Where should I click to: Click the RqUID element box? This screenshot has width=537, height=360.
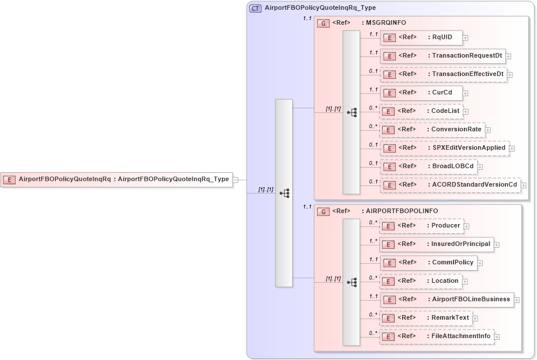(421, 37)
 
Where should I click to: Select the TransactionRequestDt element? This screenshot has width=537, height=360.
(442, 56)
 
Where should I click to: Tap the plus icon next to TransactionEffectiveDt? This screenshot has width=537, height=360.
(509, 75)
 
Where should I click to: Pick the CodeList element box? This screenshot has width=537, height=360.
(421, 111)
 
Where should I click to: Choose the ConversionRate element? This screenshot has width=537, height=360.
(432, 129)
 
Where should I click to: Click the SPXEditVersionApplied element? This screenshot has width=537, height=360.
(444, 147)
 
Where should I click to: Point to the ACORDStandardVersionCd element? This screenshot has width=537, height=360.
(450, 184)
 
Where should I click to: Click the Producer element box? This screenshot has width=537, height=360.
(421, 226)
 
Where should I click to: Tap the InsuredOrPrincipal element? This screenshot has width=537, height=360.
(436, 244)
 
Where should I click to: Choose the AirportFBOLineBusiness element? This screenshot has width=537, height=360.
(447, 300)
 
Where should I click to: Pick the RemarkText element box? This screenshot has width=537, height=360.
(426, 317)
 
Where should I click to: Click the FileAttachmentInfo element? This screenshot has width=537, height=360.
(436, 336)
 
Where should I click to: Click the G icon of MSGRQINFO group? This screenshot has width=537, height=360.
(324, 23)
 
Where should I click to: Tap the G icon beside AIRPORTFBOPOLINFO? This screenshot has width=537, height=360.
(324, 211)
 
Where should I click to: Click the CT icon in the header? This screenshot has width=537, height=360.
(255, 8)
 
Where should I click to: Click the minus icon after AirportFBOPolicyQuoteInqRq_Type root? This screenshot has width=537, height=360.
(235, 180)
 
